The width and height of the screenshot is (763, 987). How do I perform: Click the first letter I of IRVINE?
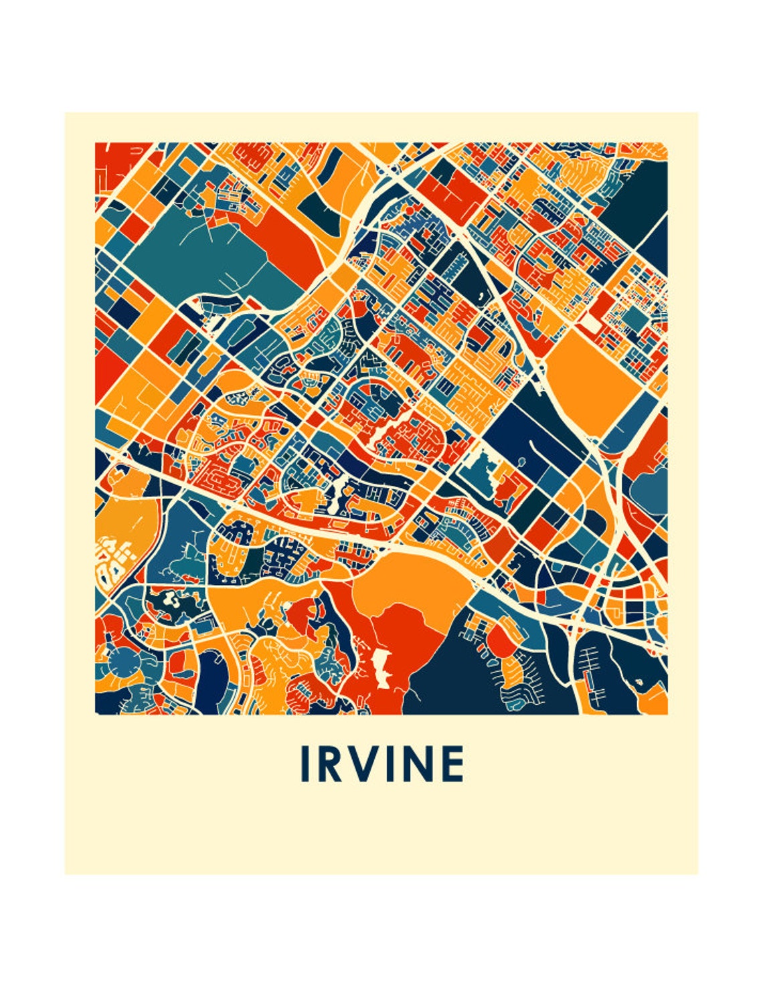pyautogui.click(x=305, y=764)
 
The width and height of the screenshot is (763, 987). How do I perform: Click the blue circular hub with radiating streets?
pyautogui.click(x=122, y=662)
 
